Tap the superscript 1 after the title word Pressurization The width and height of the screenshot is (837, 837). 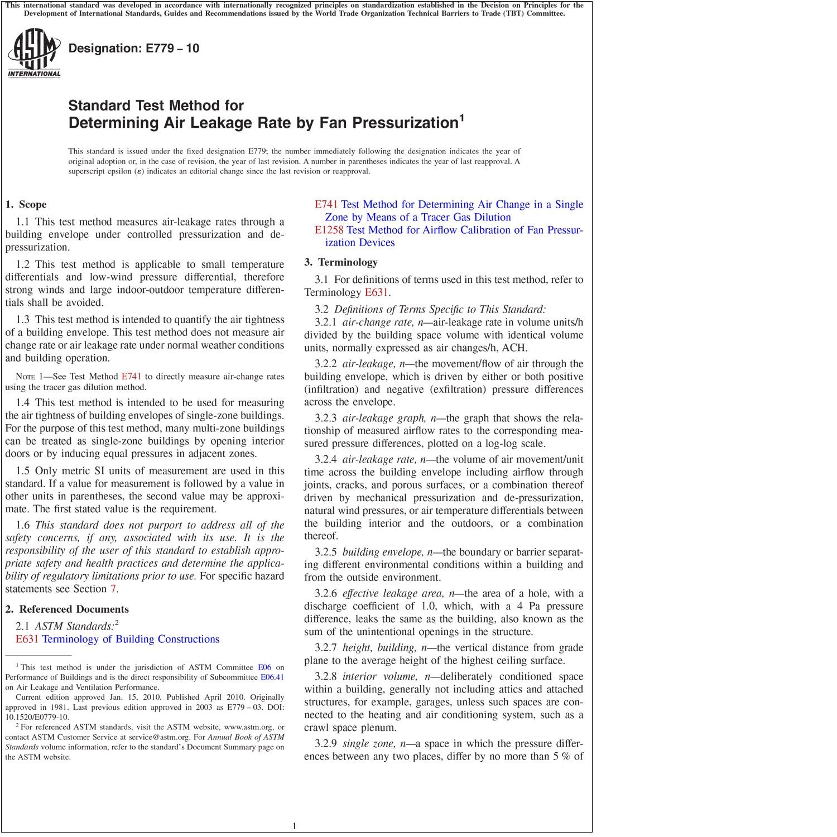[461, 118]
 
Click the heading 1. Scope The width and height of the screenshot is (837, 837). [26, 204]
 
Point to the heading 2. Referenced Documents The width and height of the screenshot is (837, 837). [67, 609]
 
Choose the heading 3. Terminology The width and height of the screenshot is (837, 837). [341, 262]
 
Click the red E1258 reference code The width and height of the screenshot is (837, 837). [329, 230]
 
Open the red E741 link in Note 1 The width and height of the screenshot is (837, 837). [131, 377]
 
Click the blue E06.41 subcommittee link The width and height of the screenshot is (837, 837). [272, 677]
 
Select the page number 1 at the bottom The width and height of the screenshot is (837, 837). [294, 826]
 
